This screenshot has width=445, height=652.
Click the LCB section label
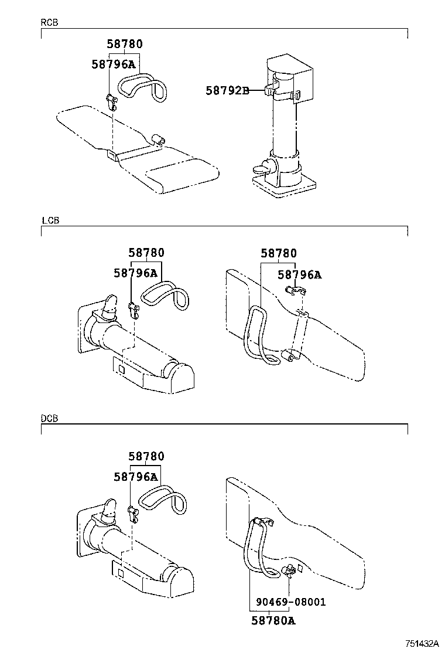click(x=50, y=220)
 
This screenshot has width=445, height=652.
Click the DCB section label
click(x=49, y=418)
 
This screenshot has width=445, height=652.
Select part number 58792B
click(x=227, y=90)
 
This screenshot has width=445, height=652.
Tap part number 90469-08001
click(x=290, y=602)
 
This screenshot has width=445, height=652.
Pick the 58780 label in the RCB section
click(x=124, y=44)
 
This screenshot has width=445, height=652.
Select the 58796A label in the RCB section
click(x=114, y=64)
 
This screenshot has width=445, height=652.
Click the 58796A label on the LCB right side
click(x=299, y=274)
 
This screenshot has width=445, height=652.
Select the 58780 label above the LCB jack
click(x=146, y=253)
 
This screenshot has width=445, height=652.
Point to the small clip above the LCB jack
click(x=133, y=308)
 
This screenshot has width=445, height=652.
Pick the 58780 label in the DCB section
click(x=146, y=456)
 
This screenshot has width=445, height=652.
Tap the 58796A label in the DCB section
click(x=136, y=477)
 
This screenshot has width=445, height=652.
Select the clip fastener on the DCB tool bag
click(x=289, y=571)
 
